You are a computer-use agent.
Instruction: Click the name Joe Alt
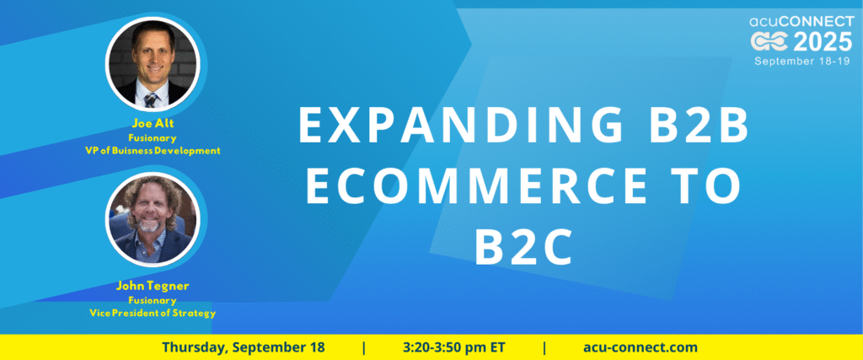click(153, 123)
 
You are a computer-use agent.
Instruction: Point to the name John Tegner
click(153, 287)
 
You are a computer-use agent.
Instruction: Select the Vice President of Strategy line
click(153, 314)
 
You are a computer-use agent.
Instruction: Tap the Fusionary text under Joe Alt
click(152, 137)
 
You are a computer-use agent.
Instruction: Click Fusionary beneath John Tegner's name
click(152, 300)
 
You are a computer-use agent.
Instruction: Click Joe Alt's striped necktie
click(150, 99)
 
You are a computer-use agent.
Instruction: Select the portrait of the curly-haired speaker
click(153, 219)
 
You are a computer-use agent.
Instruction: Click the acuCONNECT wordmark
click(801, 22)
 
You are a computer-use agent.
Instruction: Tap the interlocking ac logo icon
click(769, 42)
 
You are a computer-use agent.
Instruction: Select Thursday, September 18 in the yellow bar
click(244, 347)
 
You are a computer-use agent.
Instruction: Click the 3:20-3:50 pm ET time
click(453, 347)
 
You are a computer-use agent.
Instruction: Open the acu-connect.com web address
click(641, 347)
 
